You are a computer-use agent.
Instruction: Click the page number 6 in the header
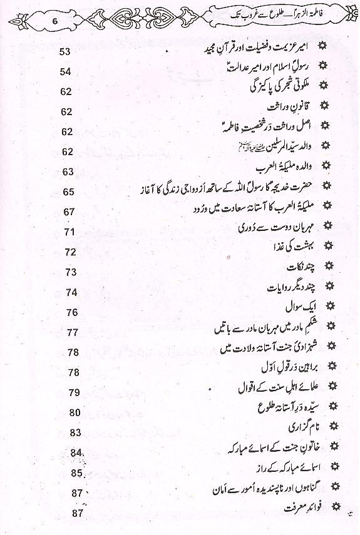point(55,19)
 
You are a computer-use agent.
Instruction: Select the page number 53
point(66,51)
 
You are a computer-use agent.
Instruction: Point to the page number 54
point(66,73)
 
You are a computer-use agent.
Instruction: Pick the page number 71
point(69,232)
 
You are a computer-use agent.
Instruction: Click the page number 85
point(77,472)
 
